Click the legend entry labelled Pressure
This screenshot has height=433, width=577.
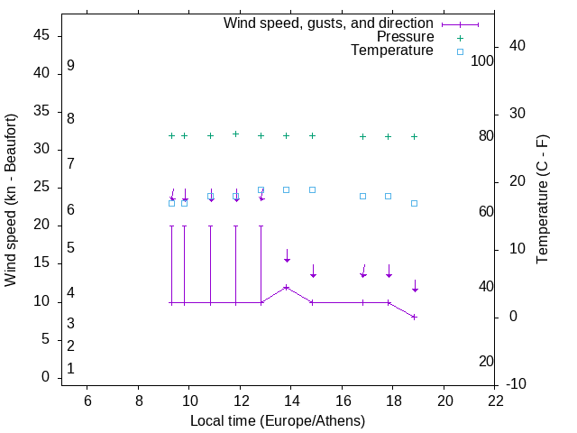[x=405, y=37]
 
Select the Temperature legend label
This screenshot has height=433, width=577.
[x=392, y=51]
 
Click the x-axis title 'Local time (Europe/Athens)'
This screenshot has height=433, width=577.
[x=278, y=421]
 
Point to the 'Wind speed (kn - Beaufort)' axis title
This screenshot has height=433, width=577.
[x=11, y=200]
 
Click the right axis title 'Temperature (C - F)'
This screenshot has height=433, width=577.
[x=542, y=200]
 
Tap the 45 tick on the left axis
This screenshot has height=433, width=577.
[x=41, y=35]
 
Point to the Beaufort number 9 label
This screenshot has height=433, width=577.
[x=70, y=66]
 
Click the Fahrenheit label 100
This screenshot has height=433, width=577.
[x=483, y=60]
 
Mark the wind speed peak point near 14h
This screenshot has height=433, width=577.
[x=287, y=287]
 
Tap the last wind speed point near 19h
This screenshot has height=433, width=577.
[x=415, y=317]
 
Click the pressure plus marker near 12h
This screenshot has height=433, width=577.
[x=236, y=134]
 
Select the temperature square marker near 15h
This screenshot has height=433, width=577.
[x=312, y=189]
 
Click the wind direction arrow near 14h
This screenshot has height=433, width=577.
[x=287, y=256]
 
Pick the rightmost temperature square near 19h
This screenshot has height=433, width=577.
[x=415, y=203]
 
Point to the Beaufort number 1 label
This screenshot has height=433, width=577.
[x=70, y=369]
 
